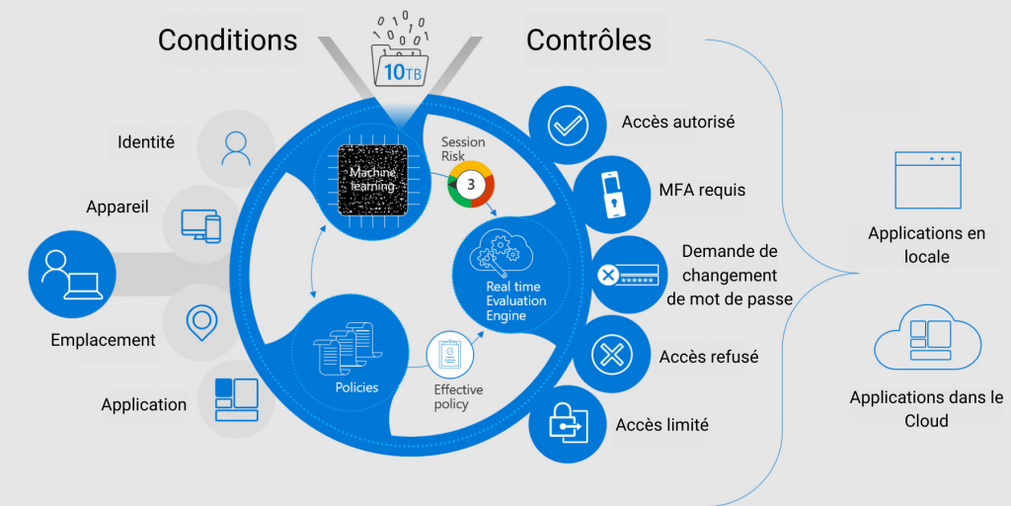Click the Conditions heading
point(228,41)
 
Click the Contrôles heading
point(588,41)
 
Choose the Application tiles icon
point(236,399)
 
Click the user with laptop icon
point(71,276)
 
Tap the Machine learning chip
point(373,180)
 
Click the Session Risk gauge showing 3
point(471,184)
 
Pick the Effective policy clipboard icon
point(449,356)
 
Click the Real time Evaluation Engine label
point(515,300)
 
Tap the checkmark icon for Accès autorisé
point(568,125)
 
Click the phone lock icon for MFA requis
point(612,195)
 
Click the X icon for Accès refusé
point(612,355)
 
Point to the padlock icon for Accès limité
point(568,423)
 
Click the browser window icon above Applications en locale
point(928,180)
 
